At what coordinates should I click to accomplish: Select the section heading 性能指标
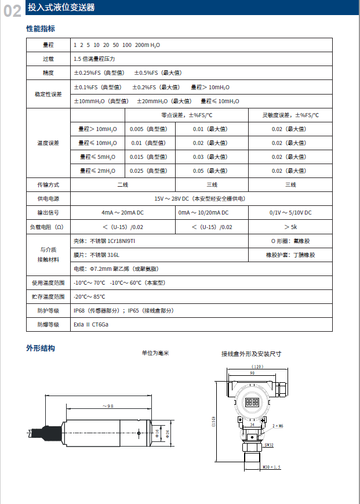point(41,28)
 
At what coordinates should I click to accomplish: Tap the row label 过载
point(48,59)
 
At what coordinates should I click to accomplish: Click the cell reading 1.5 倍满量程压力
point(94,59)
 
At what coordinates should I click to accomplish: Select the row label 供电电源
point(48,199)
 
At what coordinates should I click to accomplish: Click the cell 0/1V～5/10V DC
point(290,213)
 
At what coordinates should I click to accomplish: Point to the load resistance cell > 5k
point(290,227)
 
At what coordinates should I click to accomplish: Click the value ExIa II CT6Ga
point(91,324)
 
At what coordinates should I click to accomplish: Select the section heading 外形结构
point(41,349)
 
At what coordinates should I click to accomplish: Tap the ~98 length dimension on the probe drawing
point(107,406)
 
